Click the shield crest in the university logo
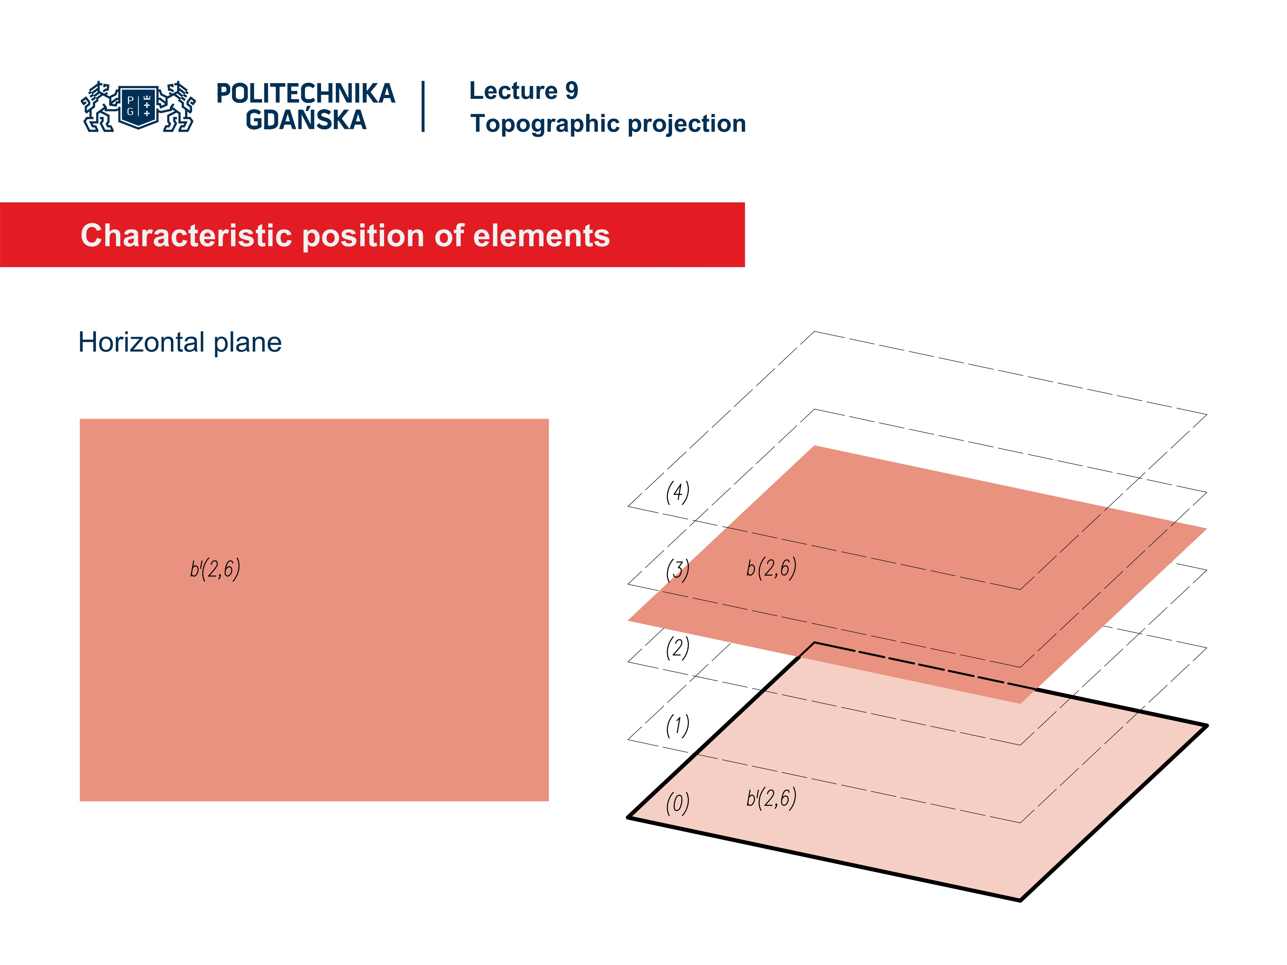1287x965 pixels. [x=138, y=107]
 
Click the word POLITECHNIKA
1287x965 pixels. [x=305, y=93]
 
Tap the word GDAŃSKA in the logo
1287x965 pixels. [x=305, y=120]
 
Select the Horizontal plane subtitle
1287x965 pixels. [x=180, y=342]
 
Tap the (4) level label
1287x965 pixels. [x=677, y=492]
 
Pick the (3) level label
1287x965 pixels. [x=677, y=570]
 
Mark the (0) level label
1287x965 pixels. [x=677, y=803]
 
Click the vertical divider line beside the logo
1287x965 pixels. [x=423, y=107]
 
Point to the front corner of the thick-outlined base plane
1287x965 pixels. [x=1020, y=900]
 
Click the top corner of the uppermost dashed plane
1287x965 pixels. [x=814, y=332]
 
